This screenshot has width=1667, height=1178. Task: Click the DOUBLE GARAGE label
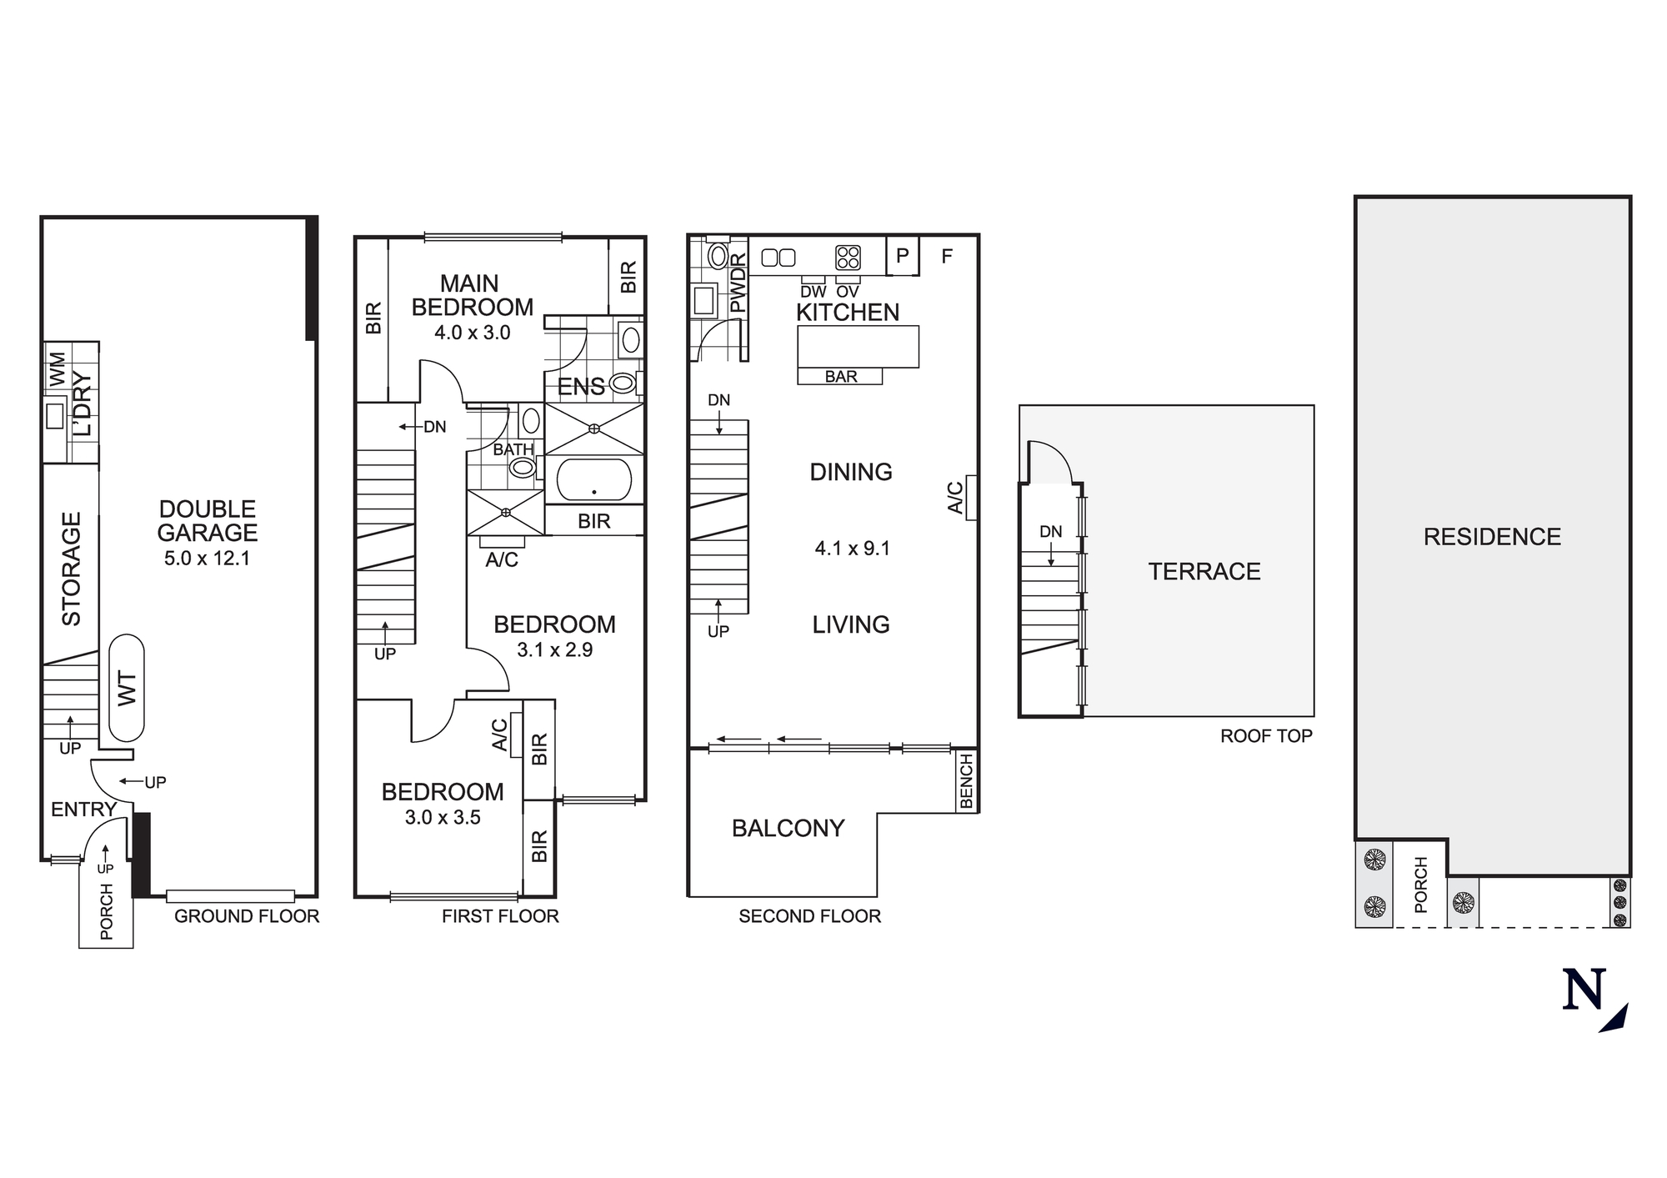tap(208, 521)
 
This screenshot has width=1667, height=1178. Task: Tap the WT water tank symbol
tap(126, 688)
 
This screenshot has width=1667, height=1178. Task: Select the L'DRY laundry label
tap(83, 404)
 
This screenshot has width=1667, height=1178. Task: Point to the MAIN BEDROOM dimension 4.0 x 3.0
tap(472, 333)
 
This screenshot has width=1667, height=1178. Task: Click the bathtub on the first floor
tap(593, 479)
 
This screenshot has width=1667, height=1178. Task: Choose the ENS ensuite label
tap(581, 387)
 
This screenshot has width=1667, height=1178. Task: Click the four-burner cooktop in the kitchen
tap(848, 258)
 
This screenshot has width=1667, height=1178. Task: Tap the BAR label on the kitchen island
tap(840, 377)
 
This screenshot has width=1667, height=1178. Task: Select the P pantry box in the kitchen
tap(902, 256)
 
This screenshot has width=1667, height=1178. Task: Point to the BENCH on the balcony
tap(966, 781)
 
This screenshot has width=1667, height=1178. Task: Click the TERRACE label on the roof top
tap(1204, 572)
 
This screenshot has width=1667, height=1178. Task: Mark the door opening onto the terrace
tap(1049, 464)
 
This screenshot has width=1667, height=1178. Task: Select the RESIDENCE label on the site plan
tap(1492, 537)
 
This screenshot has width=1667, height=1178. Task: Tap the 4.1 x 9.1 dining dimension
tap(852, 549)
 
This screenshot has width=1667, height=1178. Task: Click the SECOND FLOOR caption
tap(809, 916)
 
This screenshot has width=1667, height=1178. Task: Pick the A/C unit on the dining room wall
tap(970, 498)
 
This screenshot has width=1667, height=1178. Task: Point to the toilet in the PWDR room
tap(717, 255)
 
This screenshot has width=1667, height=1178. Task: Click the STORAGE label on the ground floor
tap(72, 569)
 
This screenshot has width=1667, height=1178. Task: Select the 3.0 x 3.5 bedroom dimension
tap(443, 818)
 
